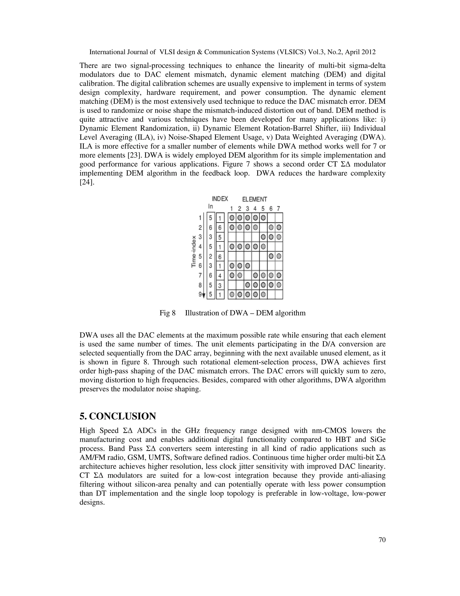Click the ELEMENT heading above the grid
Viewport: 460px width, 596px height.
pyautogui.click(x=254, y=199)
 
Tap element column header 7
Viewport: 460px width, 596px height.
pyautogui.click(x=278, y=209)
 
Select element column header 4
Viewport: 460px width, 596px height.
pyautogui.click(x=255, y=209)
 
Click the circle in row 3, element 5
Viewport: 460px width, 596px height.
pyautogui.click(x=263, y=237)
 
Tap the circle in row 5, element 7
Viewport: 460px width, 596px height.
pyautogui.click(x=279, y=257)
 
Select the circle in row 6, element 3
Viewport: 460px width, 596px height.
pyautogui.click(x=248, y=266)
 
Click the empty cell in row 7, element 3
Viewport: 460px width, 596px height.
pyautogui.click(x=248, y=275)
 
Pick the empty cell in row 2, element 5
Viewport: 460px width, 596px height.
pyautogui.click(x=263, y=227)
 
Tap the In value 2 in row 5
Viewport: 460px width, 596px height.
pyautogui.click(x=211, y=257)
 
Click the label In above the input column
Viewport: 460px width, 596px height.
pyautogui.click(x=210, y=207)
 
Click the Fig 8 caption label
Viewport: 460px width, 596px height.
pyautogui.click(x=167, y=313)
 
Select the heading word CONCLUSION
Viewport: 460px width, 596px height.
pyautogui.click(x=122, y=417)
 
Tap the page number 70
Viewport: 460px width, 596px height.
pyautogui.click(x=382, y=540)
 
